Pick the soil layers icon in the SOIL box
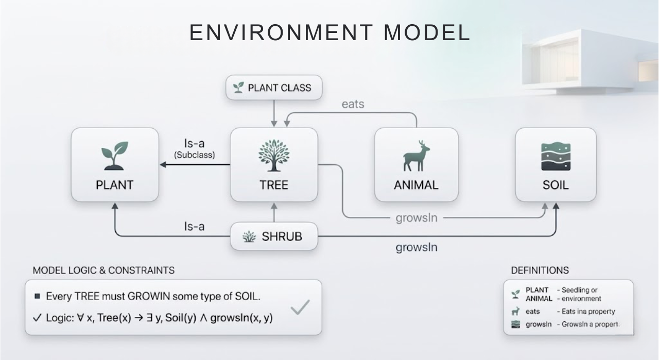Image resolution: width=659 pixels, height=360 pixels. pyautogui.click(x=556, y=157)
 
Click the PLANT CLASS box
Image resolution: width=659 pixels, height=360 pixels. pyautogui.click(x=274, y=88)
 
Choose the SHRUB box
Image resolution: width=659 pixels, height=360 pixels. pyautogui.click(x=273, y=237)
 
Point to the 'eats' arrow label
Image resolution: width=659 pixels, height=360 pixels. pyautogui.click(x=353, y=104)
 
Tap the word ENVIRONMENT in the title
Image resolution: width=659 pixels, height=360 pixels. pyautogui.click(x=280, y=32)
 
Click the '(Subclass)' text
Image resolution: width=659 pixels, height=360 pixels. pyautogui.click(x=194, y=155)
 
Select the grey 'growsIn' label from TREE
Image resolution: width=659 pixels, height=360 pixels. pyautogui.click(x=416, y=218)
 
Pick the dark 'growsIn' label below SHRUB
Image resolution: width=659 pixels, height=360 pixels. pyautogui.click(x=416, y=248)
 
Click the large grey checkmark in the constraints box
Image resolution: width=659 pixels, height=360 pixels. pyautogui.click(x=300, y=307)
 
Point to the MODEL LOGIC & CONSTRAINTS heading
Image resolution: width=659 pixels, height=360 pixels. pyautogui.click(x=103, y=270)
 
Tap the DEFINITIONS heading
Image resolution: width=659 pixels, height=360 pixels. pyautogui.click(x=540, y=270)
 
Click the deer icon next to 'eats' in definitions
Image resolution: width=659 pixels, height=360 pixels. pyautogui.click(x=515, y=311)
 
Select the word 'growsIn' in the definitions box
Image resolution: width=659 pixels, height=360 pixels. pyautogui.click(x=539, y=324)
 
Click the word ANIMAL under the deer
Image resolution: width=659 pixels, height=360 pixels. pyautogui.click(x=416, y=185)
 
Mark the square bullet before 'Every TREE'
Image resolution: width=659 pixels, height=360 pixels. pyautogui.click(x=37, y=297)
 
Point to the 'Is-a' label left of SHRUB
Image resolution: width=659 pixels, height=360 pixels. pyautogui.click(x=195, y=226)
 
